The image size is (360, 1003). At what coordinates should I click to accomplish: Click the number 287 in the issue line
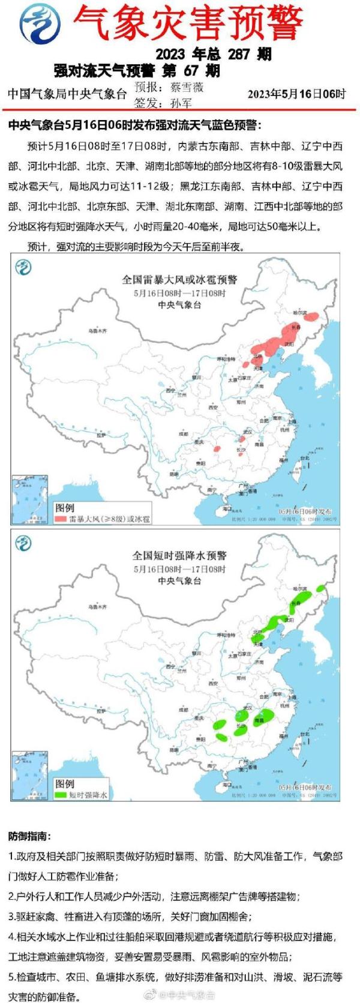coord(238,54)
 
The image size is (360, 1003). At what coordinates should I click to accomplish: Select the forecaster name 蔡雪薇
coord(187,86)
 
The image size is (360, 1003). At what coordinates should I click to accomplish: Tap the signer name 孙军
coord(181,103)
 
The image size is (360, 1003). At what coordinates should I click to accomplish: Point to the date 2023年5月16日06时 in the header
coord(296,94)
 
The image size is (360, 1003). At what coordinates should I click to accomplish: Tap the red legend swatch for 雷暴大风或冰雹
coord(61,519)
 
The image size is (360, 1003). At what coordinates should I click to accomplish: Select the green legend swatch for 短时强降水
coord(61,794)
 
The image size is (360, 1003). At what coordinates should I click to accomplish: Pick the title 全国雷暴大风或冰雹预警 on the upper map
coord(179,280)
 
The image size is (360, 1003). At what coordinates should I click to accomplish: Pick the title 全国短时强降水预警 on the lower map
coord(179,556)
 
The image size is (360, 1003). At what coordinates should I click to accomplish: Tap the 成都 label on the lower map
coord(183,709)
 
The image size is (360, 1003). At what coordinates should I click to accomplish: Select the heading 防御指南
coord(29,836)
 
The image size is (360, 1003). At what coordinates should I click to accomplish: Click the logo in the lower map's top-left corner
coord(23,543)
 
